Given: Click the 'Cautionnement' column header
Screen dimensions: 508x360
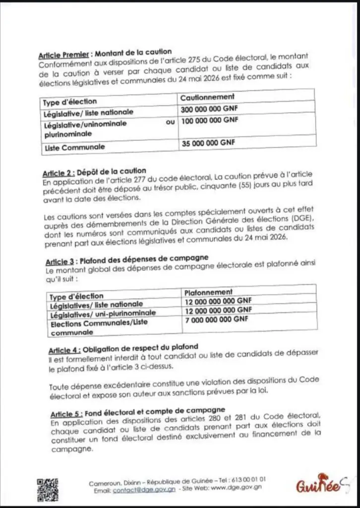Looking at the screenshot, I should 207,97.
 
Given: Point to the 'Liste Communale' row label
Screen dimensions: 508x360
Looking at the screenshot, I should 74,147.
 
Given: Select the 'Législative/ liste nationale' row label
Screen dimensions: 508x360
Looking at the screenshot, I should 89,113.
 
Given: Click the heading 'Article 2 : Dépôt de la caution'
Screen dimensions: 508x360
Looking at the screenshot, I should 94,172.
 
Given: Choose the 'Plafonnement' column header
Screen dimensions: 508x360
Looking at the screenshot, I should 208,292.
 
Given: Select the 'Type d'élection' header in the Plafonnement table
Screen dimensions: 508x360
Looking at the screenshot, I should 77,297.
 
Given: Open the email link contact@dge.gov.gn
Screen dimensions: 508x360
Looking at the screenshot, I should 144,490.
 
